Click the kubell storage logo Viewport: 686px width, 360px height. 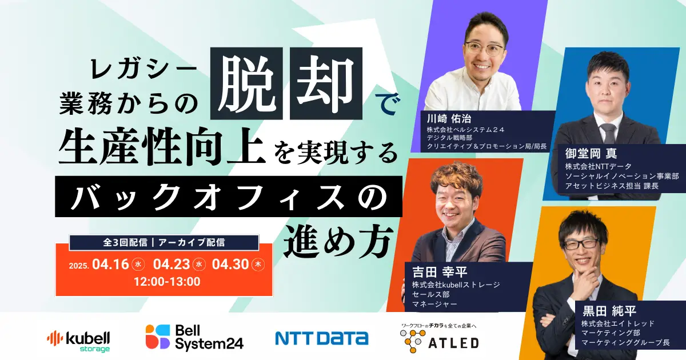click(x=78, y=341)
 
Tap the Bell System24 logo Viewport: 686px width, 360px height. click(x=194, y=337)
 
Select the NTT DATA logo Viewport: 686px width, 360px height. click(x=322, y=338)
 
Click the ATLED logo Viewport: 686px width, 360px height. click(x=440, y=338)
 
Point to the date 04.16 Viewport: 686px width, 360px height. click(x=110, y=264)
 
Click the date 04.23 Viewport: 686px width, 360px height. click(x=171, y=264)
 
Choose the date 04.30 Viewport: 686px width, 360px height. click(x=230, y=264)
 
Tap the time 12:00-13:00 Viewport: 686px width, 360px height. click(x=167, y=282)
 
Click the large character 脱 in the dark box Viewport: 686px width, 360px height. click(x=246, y=83)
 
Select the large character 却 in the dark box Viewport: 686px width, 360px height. click(x=326, y=83)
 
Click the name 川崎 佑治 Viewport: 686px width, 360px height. click(x=449, y=118)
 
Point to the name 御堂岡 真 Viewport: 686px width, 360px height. click(x=591, y=153)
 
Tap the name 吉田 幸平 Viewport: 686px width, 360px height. click(x=440, y=271)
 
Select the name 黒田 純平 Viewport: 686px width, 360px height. click(x=609, y=311)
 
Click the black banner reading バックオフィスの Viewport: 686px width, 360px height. click(x=229, y=197)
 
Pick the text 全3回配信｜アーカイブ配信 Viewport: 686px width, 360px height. click(x=164, y=242)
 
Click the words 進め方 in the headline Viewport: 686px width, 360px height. click(x=338, y=242)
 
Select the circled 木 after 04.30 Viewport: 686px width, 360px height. click(x=258, y=265)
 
